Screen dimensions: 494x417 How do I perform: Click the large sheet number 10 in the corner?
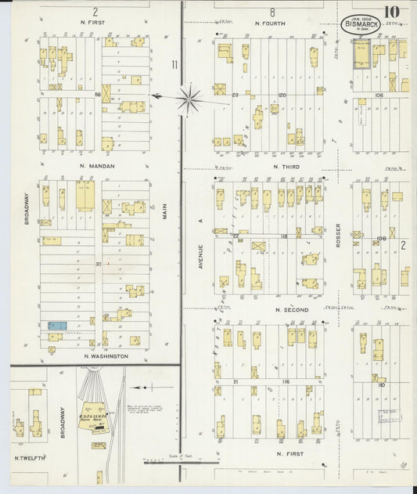391,13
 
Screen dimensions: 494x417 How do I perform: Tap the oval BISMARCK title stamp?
360,24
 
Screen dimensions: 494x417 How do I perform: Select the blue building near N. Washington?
57,325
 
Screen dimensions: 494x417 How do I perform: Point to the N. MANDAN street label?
96,166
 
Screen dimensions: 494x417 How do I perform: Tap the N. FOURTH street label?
270,23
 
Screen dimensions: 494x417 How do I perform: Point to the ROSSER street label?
338,235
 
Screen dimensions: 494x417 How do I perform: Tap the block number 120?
282,94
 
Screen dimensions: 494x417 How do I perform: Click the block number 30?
99,264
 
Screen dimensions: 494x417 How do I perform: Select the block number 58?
99,94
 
